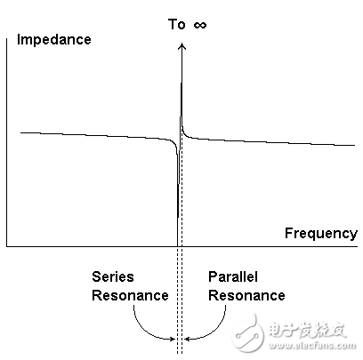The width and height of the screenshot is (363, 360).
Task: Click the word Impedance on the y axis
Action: pyautogui.click(x=53, y=40)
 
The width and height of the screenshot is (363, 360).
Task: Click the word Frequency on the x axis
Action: pyautogui.click(x=321, y=233)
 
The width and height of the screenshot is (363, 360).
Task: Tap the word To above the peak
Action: pyautogui.click(x=177, y=24)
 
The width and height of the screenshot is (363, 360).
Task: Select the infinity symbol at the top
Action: pyautogui.click(x=200, y=25)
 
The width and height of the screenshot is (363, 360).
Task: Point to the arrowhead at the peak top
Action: pyautogui.click(x=181, y=46)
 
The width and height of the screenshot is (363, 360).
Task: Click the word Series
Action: pyautogui.click(x=113, y=276)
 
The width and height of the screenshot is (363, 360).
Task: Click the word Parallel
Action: pyautogui.click(x=233, y=276)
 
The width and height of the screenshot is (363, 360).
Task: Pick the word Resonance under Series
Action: pyautogui.click(x=130, y=295)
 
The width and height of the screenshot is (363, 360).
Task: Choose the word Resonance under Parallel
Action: pyautogui.click(x=246, y=295)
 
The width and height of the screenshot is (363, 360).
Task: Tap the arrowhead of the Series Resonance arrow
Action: pyautogui.click(x=173, y=339)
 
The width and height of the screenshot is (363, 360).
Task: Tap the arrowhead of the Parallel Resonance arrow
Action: pyautogui.click(x=187, y=339)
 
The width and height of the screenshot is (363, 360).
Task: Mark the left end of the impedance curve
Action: pyautogui.click(x=20, y=132)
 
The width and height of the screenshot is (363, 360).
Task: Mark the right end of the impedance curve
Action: pyautogui.click(x=354, y=145)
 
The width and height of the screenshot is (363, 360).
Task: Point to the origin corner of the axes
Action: pyautogui.click(x=7, y=246)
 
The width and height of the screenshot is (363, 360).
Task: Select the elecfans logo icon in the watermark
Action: pyautogui.click(x=248, y=332)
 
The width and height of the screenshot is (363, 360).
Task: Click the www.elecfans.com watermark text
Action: pyautogui.click(x=312, y=346)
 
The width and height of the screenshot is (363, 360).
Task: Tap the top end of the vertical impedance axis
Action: pyautogui.click(x=7, y=39)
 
